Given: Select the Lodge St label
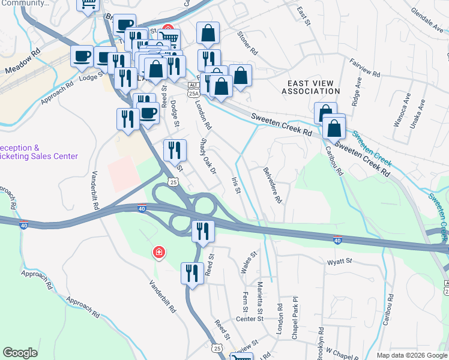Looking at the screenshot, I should pos(92,77).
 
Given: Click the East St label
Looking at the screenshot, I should pos(303,16).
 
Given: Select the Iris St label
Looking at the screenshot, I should pos(236,185).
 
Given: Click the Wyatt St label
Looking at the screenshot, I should pos(339,262).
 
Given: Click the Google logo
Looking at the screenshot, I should pos(20,353).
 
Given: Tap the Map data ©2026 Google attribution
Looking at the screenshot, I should pos(411,355).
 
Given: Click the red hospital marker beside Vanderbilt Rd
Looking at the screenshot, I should pos(158,253).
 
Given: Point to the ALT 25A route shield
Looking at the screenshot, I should pos(193,90).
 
